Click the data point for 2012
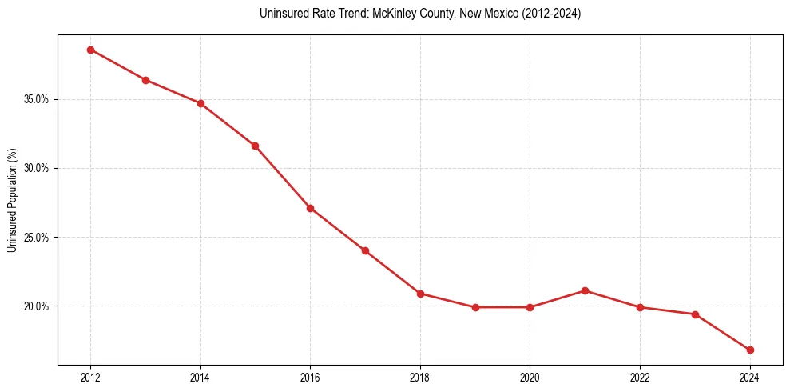point(90,50)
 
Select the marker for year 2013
point(145,80)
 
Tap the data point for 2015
point(255,146)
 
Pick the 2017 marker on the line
point(365,250)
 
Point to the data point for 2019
point(475,307)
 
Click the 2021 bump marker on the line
point(585,290)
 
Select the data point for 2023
point(695,314)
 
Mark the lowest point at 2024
point(750,350)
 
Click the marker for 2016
point(310,208)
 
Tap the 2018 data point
point(420,294)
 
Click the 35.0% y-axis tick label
point(38,100)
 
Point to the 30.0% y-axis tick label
point(38,169)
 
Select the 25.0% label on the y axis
point(38,238)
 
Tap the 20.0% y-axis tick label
point(38,306)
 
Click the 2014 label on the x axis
point(200,378)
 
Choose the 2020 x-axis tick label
point(530,378)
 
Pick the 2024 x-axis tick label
point(750,378)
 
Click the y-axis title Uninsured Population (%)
point(12,200)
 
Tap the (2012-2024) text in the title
point(553,14)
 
